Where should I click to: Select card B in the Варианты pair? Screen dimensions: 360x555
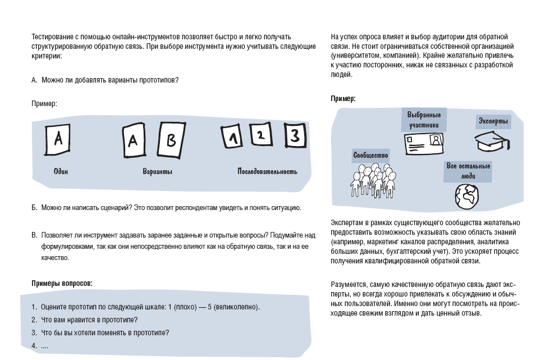click(x=171, y=140)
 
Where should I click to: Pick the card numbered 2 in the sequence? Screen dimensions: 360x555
click(x=260, y=135)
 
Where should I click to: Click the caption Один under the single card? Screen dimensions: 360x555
click(x=61, y=172)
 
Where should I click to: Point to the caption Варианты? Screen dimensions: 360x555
click(x=158, y=172)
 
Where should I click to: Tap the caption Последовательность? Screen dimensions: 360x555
click(x=267, y=172)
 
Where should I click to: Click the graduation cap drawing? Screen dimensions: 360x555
click(x=492, y=142)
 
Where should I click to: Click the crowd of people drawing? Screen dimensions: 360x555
click(x=370, y=180)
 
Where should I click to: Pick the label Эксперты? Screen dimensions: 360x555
click(x=493, y=121)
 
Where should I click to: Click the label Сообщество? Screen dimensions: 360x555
click(x=370, y=155)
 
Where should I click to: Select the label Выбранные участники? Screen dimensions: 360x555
click(x=426, y=119)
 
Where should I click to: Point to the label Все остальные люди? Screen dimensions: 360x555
click(x=468, y=171)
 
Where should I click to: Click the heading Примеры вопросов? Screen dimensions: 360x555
click(x=62, y=284)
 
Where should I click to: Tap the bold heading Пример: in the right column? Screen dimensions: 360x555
click(x=343, y=99)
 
